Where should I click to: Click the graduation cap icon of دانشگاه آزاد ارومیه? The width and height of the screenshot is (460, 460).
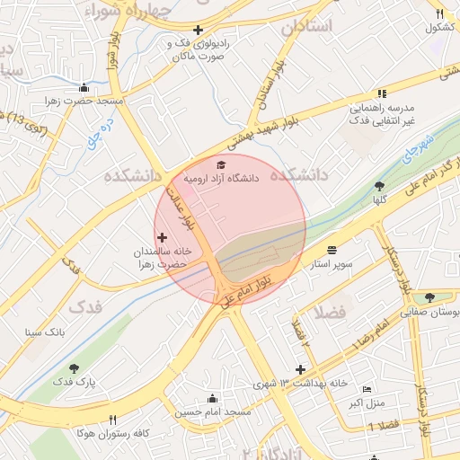point(221,164)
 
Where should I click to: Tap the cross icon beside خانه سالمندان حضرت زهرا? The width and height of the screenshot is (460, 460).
point(162,237)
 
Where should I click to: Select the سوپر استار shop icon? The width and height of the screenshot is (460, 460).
point(332,250)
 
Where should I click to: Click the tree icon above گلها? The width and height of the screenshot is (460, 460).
point(379,186)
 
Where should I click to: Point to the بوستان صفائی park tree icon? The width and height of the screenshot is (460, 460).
point(431,297)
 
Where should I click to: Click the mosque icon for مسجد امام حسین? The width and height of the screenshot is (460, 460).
point(212,398)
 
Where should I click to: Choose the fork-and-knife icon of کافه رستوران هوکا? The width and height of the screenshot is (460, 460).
point(112,419)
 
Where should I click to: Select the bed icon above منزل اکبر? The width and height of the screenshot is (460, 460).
point(366,389)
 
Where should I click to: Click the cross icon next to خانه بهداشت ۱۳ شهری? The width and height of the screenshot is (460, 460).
point(301,369)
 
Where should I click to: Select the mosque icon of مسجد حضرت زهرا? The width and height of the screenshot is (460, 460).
point(84,87)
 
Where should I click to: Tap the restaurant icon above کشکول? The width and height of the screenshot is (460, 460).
point(439,13)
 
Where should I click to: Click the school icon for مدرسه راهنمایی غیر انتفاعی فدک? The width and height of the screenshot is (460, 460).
point(382,93)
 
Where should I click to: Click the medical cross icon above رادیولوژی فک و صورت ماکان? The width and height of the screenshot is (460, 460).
point(197,29)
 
